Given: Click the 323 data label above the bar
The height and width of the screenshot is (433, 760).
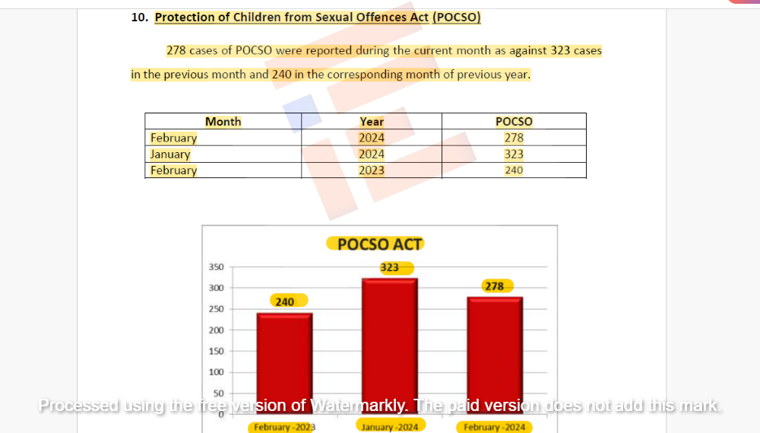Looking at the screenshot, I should [x=390, y=268].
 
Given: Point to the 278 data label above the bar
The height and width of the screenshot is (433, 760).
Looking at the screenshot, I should [x=494, y=286].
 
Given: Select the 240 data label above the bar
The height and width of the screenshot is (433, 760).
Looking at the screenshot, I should [x=284, y=302].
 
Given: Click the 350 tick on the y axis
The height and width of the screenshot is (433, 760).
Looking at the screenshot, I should [x=216, y=267].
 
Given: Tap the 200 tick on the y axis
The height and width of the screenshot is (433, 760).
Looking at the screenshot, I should [x=216, y=330].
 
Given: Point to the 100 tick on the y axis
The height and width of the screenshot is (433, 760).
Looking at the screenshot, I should [x=216, y=372].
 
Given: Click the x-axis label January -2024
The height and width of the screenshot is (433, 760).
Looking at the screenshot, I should [x=390, y=427].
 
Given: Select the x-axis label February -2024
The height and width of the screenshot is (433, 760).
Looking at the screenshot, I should [x=494, y=427].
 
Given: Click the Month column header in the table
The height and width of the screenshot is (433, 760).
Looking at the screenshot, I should [x=223, y=122].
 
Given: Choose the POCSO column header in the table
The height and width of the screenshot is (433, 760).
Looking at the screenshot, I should [x=514, y=122].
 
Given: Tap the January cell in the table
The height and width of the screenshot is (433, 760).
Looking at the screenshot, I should [x=170, y=154].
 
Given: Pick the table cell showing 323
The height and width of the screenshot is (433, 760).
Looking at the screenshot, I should [x=514, y=154].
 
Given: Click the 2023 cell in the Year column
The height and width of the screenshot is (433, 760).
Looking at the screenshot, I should [x=372, y=170].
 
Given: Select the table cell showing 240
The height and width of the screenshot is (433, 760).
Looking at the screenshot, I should [x=514, y=170].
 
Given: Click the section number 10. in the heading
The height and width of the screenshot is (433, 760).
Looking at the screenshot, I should [x=139, y=18].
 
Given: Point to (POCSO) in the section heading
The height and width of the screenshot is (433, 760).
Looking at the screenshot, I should [x=456, y=18].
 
